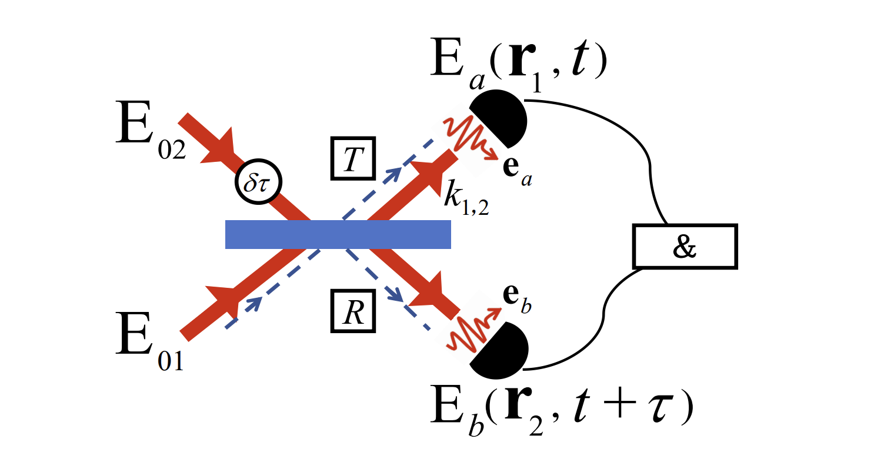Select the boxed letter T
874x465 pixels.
coord(351,160)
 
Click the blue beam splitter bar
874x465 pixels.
coord(338,234)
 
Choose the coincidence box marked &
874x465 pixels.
coord(684,247)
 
